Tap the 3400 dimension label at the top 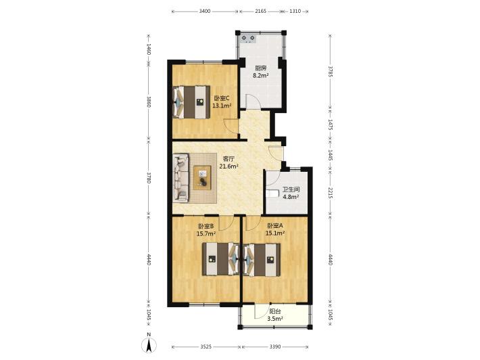tap(204, 12)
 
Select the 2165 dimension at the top tap(261, 12)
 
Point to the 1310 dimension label tap(295, 12)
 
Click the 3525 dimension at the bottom tap(206, 347)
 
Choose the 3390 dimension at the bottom tap(275, 347)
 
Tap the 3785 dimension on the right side tap(330, 71)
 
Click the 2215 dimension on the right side tap(330, 193)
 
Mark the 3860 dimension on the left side tap(149, 102)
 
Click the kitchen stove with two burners tap(248, 39)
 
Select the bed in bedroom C tap(191, 102)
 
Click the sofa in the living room tap(181, 179)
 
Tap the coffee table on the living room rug tap(202, 178)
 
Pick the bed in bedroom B tap(220, 259)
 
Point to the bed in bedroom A tap(262, 260)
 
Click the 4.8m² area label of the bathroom tap(291, 197)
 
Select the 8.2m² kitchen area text tap(261, 75)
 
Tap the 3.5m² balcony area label tap(275, 319)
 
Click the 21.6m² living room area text tap(229, 166)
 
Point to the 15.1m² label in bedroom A tap(275, 233)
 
